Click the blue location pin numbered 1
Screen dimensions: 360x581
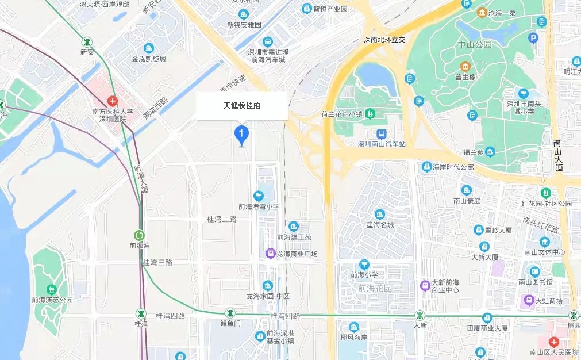pyautogui.click(x=242, y=135)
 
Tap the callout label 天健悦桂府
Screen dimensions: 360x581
pyautogui.click(x=242, y=106)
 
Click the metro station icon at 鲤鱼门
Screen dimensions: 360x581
pyautogui.click(x=230, y=313)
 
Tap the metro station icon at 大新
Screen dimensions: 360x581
pyautogui.click(x=420, y=315)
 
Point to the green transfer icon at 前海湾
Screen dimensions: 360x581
pyautogui.click(x=139, y=235)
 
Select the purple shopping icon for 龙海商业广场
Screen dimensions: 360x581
pyautogui.click(x=270, y=254)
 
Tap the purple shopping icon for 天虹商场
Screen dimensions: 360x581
pyautogui.click(x=528, y=300)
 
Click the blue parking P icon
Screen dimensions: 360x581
pyautogui.click(x=533, y=39)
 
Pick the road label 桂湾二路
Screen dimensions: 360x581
pyautogui.click(x=221, y=219)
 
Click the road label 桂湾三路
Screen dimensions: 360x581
pyautogui.click(x=157, y=262)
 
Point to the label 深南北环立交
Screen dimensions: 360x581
pyautogui.click(x=384, y=40)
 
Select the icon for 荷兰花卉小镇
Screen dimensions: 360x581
pyautogui.click(x=371, y=113)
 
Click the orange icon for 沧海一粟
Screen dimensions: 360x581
pyautogui.click(x=482, y=13)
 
